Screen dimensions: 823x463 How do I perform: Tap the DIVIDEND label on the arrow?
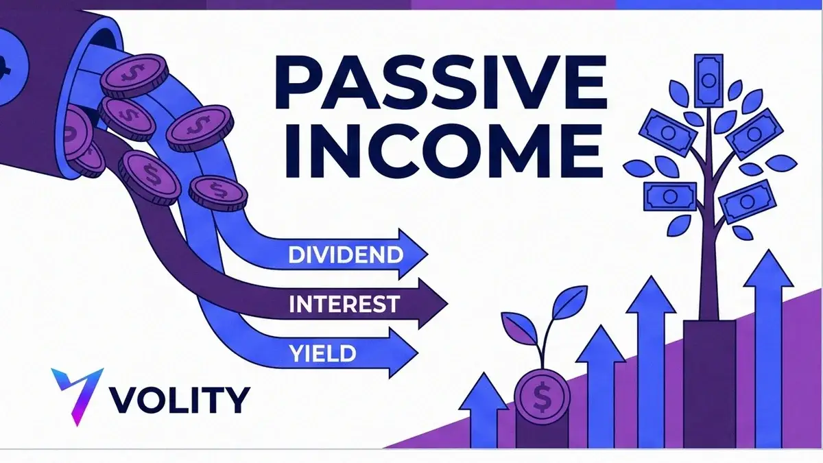[346, 254]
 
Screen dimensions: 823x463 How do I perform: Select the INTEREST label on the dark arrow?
[344, 303]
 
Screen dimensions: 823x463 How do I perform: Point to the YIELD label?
[322, 353]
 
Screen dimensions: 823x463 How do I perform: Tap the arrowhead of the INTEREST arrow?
[433, 303]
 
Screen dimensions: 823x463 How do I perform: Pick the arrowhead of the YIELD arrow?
[403, 353]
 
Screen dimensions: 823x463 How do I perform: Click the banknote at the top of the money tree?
[708, 81]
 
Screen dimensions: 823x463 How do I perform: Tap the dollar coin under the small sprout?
[542, 396]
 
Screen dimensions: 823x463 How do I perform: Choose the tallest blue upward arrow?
[767, 348]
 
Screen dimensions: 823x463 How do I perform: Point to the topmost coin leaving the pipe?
[134, 76]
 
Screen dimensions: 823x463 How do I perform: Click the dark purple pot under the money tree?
[709, 383]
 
